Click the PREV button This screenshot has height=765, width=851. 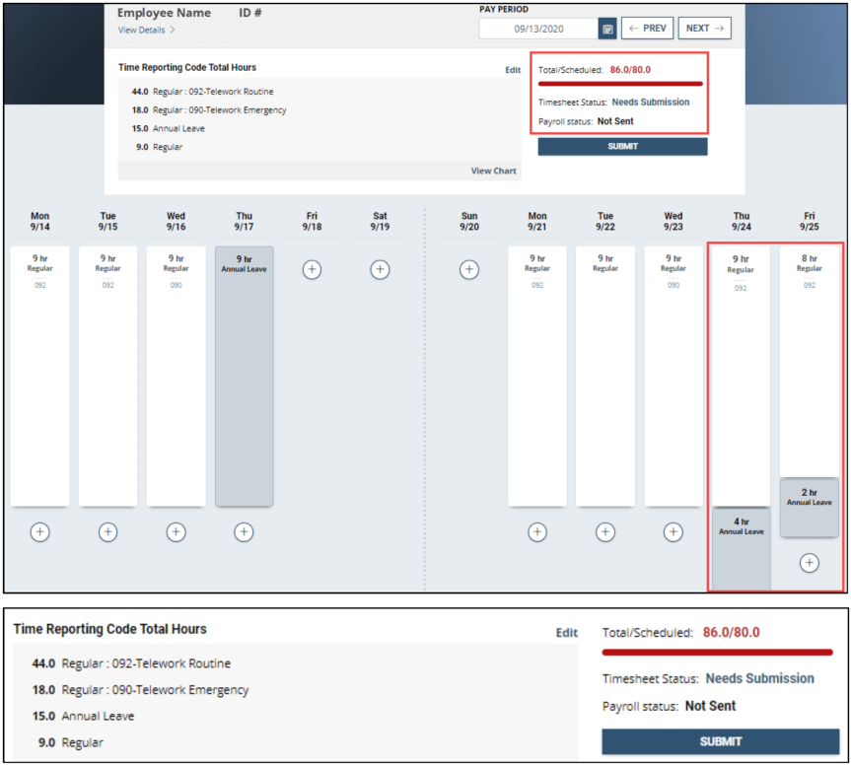pyautogui.click(x=647, y=29)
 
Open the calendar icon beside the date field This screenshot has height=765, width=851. pyautogui.click(x=607, y=29)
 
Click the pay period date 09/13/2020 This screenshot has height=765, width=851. pyautogui.click(x=537, y=29)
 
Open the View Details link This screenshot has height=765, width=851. pyautogui.click(x=146, y=31)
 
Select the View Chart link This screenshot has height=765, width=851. pyautogui.click(x=493, y=171)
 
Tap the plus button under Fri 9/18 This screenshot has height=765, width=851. pyautogui.click(x=312, y=269)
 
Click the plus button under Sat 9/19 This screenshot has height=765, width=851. pyautogui.click(x=380, y=269)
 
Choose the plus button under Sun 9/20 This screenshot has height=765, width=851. pyautogui.click(x=469, y=269)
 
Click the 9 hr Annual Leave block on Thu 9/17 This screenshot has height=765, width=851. pyautogui.click(x=244, y=375)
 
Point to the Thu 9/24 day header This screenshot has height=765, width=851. pyautogui.click(x=741, y=221)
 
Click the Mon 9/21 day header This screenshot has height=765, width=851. pyautogui.click(x=537, y=221)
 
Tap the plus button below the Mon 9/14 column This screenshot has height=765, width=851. pyautogui.click(x=39, y=531)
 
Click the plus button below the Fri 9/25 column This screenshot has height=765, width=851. pyautogui.click(x=809, y=563)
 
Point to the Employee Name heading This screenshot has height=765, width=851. pyautogui.click(x=164, y=13)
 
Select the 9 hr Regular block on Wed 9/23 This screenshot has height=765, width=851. pyautogui.click(x=673, y=375)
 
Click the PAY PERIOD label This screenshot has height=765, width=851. pyautogui.click(x=503, y=9)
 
